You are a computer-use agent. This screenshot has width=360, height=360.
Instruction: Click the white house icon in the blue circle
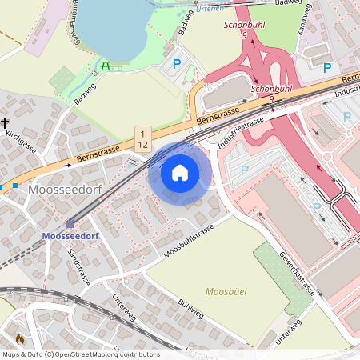pos(180,172)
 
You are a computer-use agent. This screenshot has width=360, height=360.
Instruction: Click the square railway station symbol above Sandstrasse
pos(70,224)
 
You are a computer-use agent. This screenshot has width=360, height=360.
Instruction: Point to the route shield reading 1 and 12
pos(142,138)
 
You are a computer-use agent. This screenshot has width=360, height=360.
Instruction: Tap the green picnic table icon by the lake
pos(106,64)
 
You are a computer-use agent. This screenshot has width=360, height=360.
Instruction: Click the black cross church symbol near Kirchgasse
pos(6,123)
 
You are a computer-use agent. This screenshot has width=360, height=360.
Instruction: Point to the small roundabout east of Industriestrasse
pos(328,156)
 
